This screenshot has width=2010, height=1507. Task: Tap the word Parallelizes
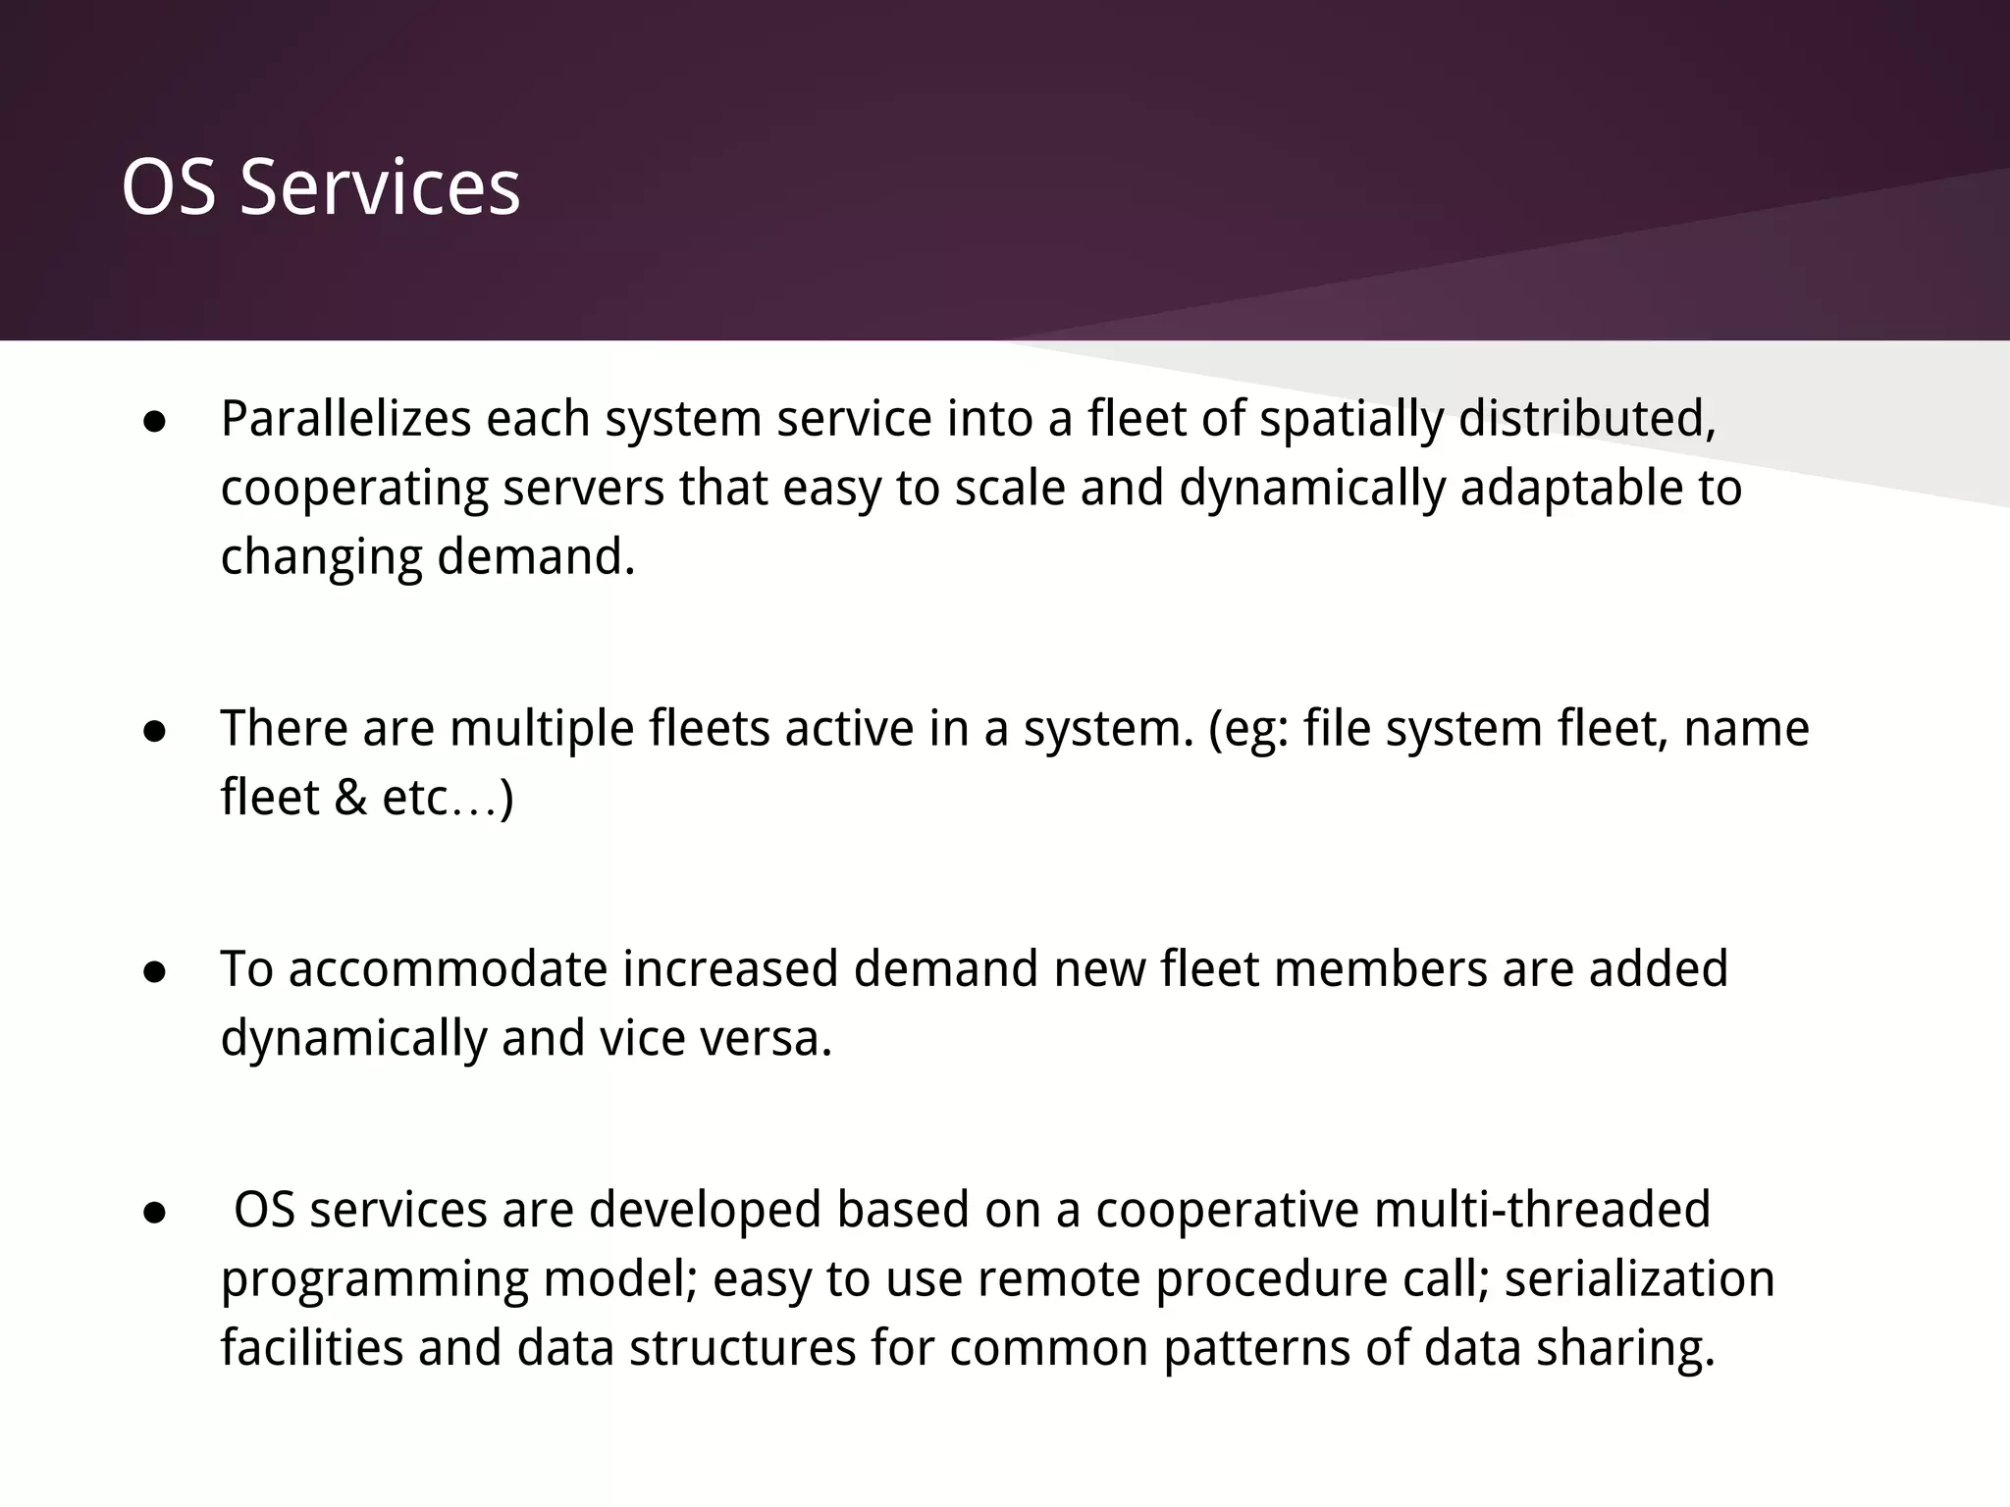pyautogui.click(x=345, y=419)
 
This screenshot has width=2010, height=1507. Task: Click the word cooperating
pyautogui.click(x=353, y=490)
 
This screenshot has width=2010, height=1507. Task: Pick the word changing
pyautogui.click(x=320, y=558)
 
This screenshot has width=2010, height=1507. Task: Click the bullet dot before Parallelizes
pyautogui.click(x=154, y=422)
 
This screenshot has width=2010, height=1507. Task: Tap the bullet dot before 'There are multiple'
pyautogui.click(x=154, y=731)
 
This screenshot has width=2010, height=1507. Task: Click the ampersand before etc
pyautogui.click(x=350, y=797)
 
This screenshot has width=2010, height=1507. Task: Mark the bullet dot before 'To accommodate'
pyautogui.click(x=154, y=971)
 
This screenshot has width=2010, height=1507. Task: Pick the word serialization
pyautogui.click(x=1639, y=1278)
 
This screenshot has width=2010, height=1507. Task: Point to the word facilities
pyautogui.click(x=312, y=1347)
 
